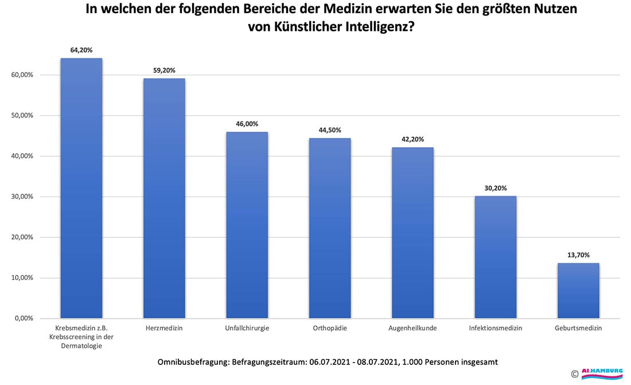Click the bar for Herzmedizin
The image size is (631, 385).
164,198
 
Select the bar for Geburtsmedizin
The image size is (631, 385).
578,290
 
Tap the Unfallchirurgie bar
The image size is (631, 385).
247,225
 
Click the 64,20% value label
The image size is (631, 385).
81,50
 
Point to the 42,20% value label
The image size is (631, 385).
412,139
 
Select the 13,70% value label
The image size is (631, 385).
578,255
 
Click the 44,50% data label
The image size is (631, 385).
330,130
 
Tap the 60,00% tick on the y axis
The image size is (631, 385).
22,75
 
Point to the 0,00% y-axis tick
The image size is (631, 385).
24,318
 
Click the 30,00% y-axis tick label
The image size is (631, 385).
22,197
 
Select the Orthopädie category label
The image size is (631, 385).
330,329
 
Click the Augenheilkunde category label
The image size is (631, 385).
412,329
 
